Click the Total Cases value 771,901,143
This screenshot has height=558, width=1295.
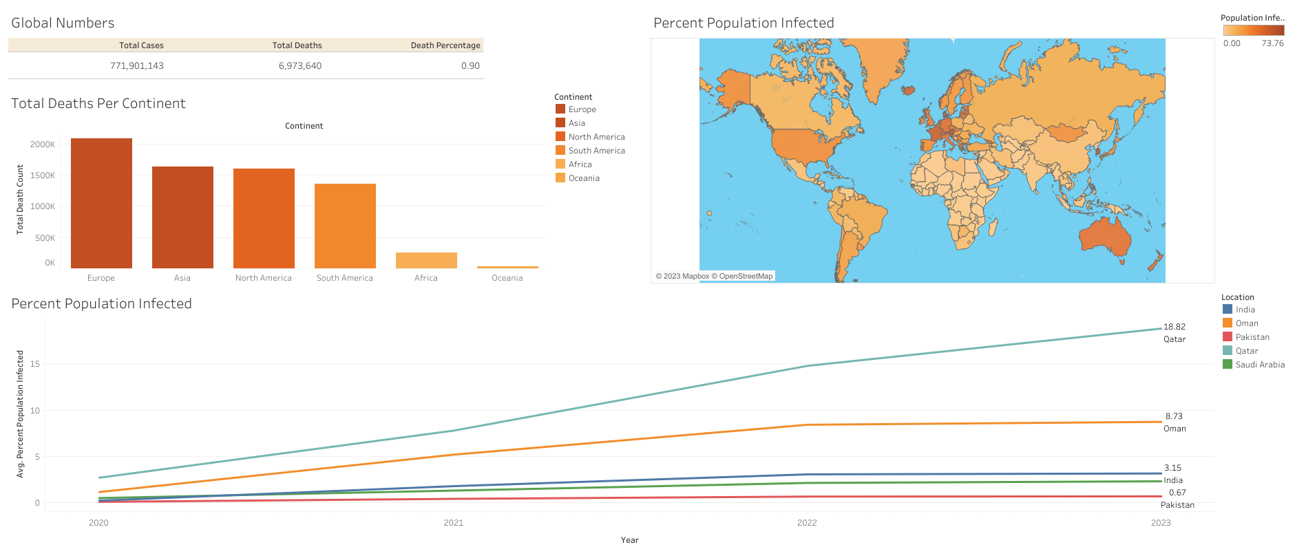coord(136,66)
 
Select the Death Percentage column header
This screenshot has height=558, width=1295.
coord(445,45)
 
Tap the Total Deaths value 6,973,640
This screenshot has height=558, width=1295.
coord(299,66)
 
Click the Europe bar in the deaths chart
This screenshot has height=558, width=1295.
coord(101,203)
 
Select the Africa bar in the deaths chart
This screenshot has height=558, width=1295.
coord(426,260)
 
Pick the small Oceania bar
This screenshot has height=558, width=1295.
coord(507,267)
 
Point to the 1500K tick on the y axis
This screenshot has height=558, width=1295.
coord(42,175)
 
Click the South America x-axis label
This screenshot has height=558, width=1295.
coord(344,278)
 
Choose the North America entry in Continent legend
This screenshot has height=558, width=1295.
coord(596,137)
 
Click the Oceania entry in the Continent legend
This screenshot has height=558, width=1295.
coord(583,178)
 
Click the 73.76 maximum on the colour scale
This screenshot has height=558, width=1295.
coord(1272,43)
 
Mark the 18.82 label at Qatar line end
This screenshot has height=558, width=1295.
coord(1174,327)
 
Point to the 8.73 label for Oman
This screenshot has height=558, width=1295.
coord(1173,416)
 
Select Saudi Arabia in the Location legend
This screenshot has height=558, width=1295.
coord(1259,365)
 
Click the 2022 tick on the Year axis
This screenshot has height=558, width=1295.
coord(806,523)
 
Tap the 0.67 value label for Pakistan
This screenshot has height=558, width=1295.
coord(1177,493)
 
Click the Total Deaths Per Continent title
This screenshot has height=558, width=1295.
coord(98,104)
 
